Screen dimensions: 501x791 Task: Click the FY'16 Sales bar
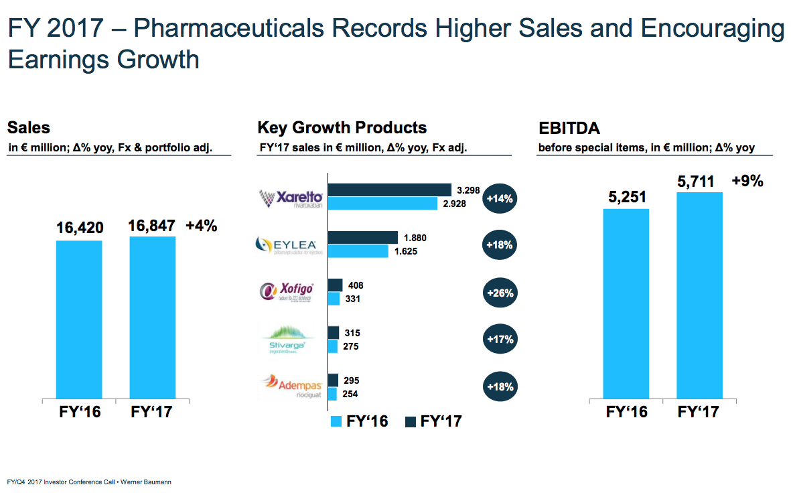(79, 319)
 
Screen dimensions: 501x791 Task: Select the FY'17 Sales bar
(152, 317)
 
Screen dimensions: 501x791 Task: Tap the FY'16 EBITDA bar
(626, 303)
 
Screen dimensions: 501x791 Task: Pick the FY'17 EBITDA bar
(699, 295)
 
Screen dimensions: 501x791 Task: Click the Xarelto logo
(291, 199)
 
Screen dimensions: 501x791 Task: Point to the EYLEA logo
(291, 246)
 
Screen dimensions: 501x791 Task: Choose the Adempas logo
(291, 386)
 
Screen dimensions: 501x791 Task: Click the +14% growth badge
(500, 199)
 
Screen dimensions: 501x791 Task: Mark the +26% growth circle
(500, 293)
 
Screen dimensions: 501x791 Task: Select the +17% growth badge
(500, 340)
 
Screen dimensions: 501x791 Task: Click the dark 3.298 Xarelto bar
(389, 190)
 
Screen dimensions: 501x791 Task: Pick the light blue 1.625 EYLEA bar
(358, 251)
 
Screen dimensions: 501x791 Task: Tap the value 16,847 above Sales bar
(152, 227)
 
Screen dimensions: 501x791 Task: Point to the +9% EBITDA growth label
(747, 181)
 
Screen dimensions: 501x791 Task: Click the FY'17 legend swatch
(411, 421)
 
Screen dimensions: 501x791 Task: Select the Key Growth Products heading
(342, 127)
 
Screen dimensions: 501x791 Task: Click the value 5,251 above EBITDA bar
(626, 198)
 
